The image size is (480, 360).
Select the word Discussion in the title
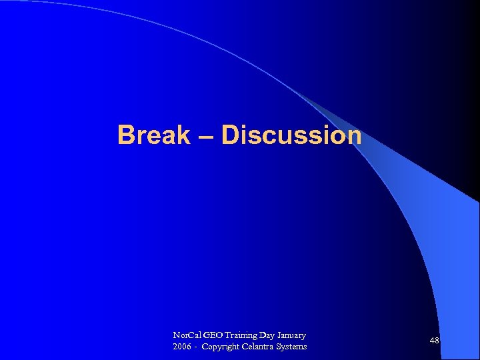[x=291, y=135]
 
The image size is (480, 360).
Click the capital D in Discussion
[x=230, y=135]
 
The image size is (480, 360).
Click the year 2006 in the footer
[x=181, y=347]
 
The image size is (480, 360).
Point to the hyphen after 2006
[x=196, y=347]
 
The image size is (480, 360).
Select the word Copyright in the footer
[x=223, y=347]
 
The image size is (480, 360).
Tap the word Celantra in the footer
[x=262, y=347]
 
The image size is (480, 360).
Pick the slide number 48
[x=434, y=341]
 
